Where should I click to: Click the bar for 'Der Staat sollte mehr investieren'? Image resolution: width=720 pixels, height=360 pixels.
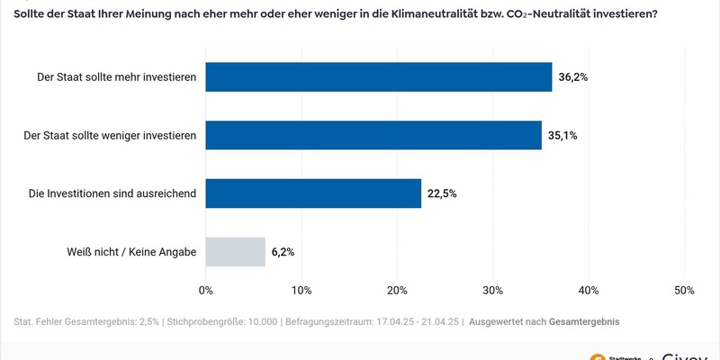pyautogui.click(x=378, y=77)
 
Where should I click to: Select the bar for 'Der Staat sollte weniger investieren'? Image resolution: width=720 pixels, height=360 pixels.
pyautogui.click(x=373, y=135)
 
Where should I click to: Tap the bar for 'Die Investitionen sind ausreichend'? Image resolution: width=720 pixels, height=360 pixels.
pyautogui.click(x=313, y=193)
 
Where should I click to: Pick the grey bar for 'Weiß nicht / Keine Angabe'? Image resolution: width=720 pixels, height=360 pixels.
pyautogui.click(x=236, y=252)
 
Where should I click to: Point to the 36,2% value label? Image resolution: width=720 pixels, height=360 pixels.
pyautogui.click(x=573, y=77)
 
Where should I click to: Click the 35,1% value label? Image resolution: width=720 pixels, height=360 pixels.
pyautogui.click(x=562, y=136)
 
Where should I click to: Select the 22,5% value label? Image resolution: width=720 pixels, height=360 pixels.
pyautogui.click(x=443, y=193)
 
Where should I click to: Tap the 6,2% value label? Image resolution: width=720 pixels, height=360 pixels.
pyautogui.click(x=283, y=252)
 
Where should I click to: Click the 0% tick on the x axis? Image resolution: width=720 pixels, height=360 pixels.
pyautogui.click(x=205, y=291)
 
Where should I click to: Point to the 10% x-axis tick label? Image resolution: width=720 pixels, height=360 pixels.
pyautogui.click(x=301, y=291)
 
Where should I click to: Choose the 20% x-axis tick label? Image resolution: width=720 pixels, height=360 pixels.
pyautogui.click(x=397, y=291)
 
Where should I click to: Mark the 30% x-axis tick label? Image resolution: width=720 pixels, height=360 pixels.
pyautogui.click(x=492, y=291)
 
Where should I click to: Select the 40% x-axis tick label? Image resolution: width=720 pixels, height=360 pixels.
pyautogui.click(x=588, y=291)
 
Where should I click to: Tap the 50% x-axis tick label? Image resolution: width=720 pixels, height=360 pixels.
pyautogui.click(x=683, y=291)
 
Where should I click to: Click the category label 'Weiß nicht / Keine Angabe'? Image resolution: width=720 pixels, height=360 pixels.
pyautogui.click(x=131, y=252)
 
